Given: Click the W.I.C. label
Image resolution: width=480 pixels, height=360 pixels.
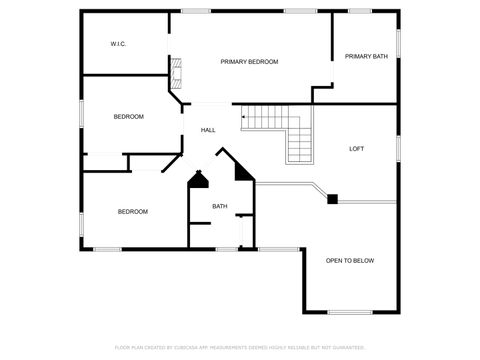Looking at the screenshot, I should [118, 44].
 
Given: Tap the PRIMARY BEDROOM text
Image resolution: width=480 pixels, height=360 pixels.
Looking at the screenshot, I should [249, 62].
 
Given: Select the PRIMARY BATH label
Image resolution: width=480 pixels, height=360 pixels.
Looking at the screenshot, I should [366, 57].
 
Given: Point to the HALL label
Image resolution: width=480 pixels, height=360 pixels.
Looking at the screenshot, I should [208, 130].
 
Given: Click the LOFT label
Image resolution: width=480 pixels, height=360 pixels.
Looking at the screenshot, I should [356, 149].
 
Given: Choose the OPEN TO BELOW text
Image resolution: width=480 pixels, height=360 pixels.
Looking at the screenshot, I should [350, 261].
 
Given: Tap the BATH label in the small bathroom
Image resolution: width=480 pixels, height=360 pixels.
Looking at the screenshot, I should [219, 207].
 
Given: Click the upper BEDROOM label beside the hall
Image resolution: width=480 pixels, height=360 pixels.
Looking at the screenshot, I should [128, 117].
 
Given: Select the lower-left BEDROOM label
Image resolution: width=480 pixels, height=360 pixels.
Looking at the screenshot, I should [133, 211].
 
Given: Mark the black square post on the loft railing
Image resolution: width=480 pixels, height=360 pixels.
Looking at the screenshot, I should [332, 199].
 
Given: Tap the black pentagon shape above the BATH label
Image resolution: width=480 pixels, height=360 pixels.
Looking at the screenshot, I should [198, 180].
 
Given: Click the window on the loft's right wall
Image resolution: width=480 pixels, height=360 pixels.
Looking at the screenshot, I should [398, 148].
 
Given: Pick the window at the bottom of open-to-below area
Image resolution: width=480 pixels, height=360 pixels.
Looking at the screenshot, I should [350, 313].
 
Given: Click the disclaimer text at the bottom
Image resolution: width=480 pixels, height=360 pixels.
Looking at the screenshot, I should [240, 347].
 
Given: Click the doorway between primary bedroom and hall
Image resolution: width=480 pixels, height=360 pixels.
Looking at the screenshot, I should [210, 103].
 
